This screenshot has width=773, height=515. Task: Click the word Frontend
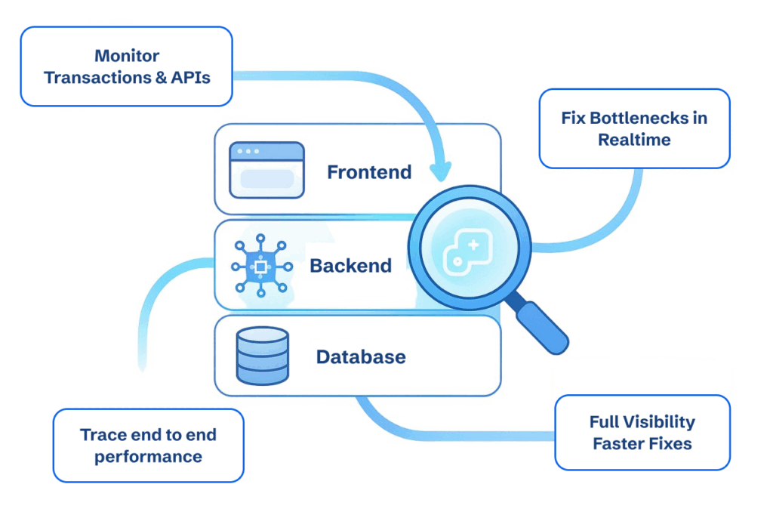point(368,172)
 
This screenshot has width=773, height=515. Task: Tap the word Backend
point(350,266)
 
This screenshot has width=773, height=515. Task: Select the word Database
point(360,356)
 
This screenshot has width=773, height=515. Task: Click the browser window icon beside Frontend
point(266,170)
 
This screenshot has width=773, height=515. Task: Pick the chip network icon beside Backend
point(260,267)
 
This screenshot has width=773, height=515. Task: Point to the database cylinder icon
point(262,356)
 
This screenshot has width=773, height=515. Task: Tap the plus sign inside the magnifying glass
point(473,245)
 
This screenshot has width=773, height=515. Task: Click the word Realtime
point(634,140)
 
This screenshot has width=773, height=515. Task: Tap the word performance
point(148,457)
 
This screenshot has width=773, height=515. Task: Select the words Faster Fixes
point(642,444)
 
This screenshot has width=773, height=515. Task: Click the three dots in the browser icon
point(247,151)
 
